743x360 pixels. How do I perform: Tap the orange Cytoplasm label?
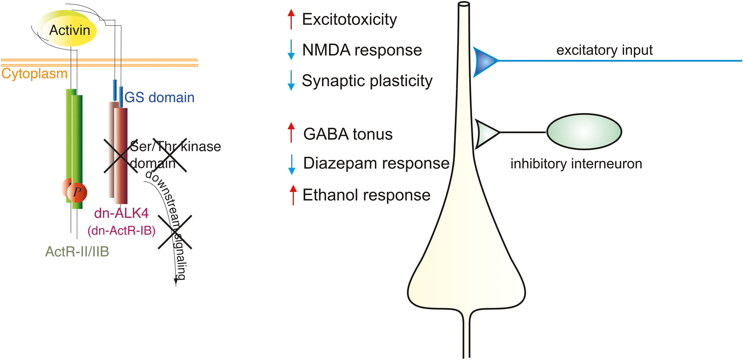[34, 74]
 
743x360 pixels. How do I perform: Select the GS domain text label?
[159, 97]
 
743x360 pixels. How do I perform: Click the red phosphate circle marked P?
[77, 192]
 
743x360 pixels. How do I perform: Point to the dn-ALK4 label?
[121, 213]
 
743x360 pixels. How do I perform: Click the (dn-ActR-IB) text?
[121, 231]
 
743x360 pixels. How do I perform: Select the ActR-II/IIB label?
[77, 252]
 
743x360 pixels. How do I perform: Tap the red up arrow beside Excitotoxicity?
[291, 19]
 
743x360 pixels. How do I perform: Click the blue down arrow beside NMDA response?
[291, 50]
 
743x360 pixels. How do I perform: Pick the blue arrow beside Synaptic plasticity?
[291, 80]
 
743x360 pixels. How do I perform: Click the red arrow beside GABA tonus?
[291, 132]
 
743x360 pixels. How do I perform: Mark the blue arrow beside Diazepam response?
[292, 164]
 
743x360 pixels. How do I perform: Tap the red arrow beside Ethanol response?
[293, 195]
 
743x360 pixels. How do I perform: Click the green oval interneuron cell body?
[584, 132]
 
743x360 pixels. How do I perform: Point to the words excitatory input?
[604, 50]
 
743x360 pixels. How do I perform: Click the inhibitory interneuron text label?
[576, 164]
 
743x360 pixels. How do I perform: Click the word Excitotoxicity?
[349, 19]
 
